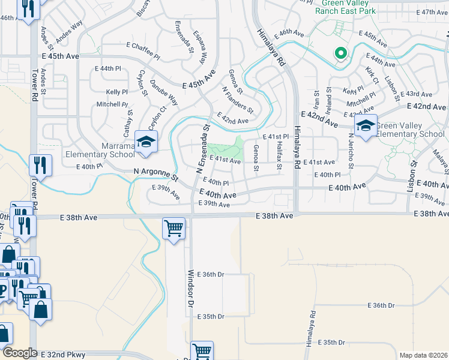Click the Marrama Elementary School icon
pos(144,141)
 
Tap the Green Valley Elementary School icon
pos(365,125)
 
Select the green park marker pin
pos(341,54)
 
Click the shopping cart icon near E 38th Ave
pos(173,227)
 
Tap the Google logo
pos(20,353)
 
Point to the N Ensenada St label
pos(202,149)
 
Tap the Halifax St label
pos(279,150)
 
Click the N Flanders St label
pos(238,100)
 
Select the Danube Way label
pos(163,92)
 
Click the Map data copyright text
pos(423,355)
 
